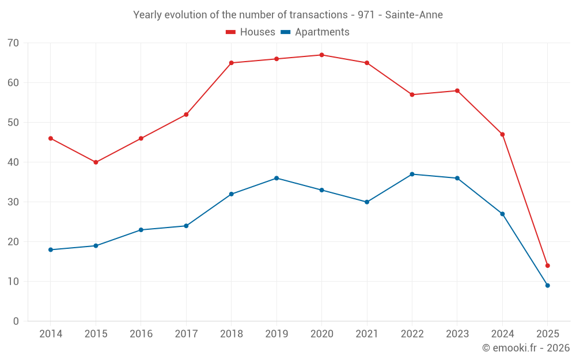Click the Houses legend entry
pyautogui.click(x=251, y=32)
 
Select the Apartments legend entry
pyautogui.click(x=315, y=32)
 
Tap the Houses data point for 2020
pyautogui.click(x=321, y=55)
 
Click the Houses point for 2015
pyautogui.click(x=96, y=162)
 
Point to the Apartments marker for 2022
pyautogui.click(x=412, y=174)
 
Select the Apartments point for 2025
pyautogui.click(x=547, y=286)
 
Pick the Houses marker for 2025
pyautogui.click(x=547, y=266)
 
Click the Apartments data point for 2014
pyautogui.click(x=51, y=249)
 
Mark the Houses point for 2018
pyautogui.click(x=231, y=63)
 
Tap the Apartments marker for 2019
pyautogui.click(x=276, y=178)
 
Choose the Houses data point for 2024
pyautogui.click(x=502, y=135)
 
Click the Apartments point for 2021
pyautogui.click(x=367, y=202)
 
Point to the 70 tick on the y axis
pyautogui.click(x=13, y=43)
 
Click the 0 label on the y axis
pyautogui.click(x=16, y=321)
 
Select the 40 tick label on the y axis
pyautogui.click(x=13, y=162)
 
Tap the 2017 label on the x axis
pyautogui.click(x=186, y=334)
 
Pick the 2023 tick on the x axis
pyautogui.click(x=457, y=334)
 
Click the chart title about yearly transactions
pyautogui.click(x=288, y=15)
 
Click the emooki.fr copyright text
pyautogui.click(x=526, y=348)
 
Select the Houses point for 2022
pyautogui.click(x=412, y=94)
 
